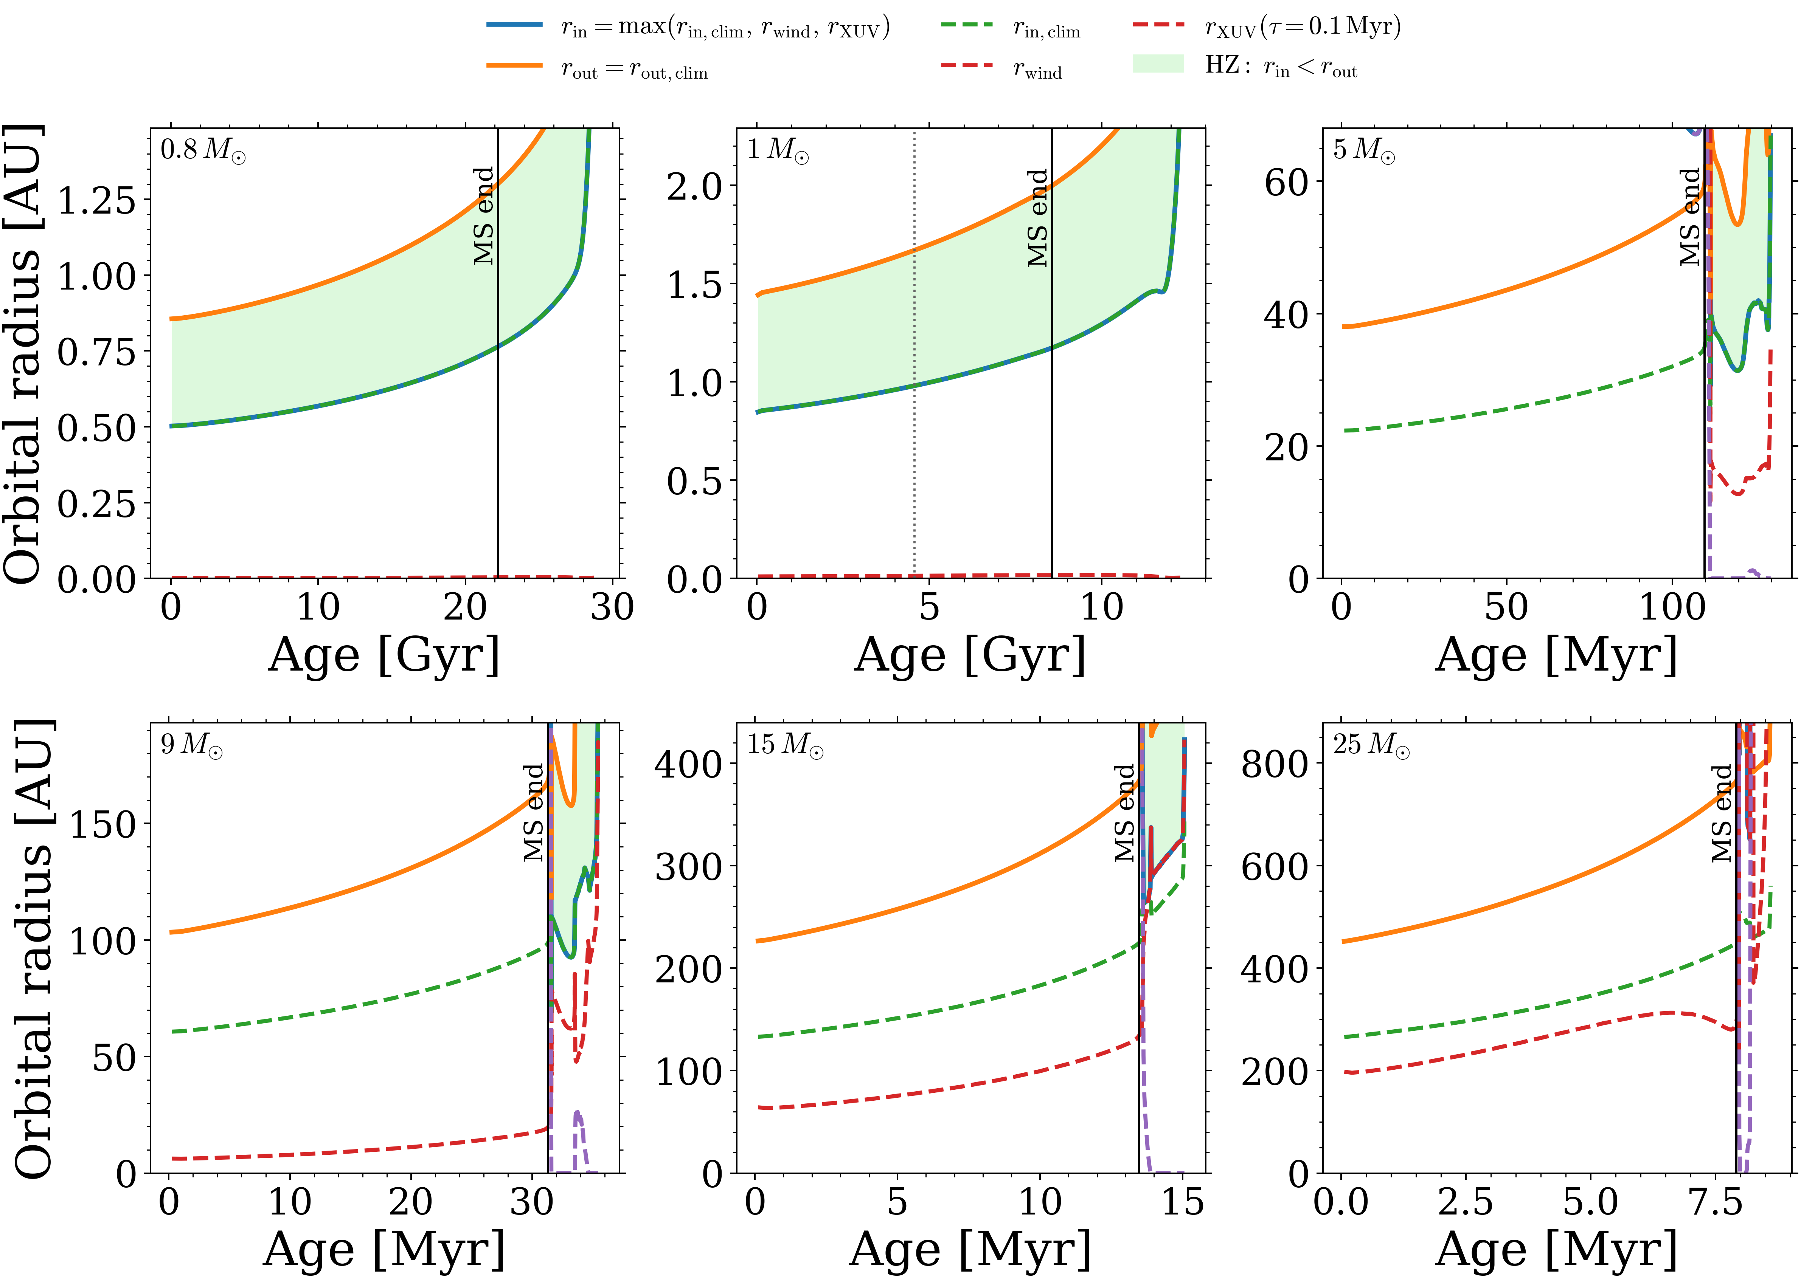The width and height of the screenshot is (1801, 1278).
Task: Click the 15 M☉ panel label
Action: [785, 744]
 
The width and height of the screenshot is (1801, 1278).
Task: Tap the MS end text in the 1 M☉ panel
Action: [1037, 218]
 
